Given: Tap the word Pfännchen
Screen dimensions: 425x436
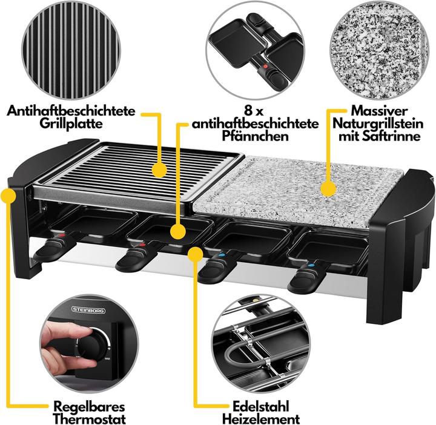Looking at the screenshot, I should coord(254,137).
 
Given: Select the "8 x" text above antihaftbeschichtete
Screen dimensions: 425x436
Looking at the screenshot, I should coord(254,110).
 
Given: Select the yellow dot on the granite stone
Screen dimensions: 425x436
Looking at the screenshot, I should coord(328,189).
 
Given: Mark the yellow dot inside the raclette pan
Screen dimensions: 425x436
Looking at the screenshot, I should coord(178,231).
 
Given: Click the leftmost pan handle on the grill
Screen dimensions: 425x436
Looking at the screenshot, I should coord(52,248).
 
